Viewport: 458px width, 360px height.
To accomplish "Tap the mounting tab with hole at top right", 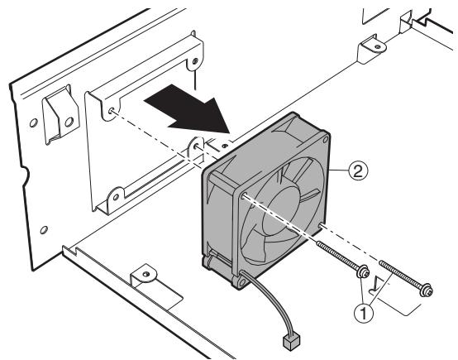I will pyautogui.click(x=368, y=50).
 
